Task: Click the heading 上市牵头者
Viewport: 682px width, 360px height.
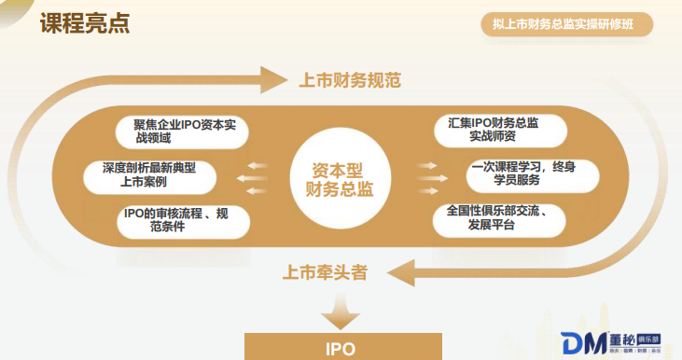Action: click(325, 272)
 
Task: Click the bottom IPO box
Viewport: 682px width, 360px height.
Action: click(340, 348)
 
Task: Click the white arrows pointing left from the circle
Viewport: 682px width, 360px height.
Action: click(253, 174)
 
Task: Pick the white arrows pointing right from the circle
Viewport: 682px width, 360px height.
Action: click(426, 174)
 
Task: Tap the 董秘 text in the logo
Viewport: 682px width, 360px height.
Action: click(623, 338)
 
